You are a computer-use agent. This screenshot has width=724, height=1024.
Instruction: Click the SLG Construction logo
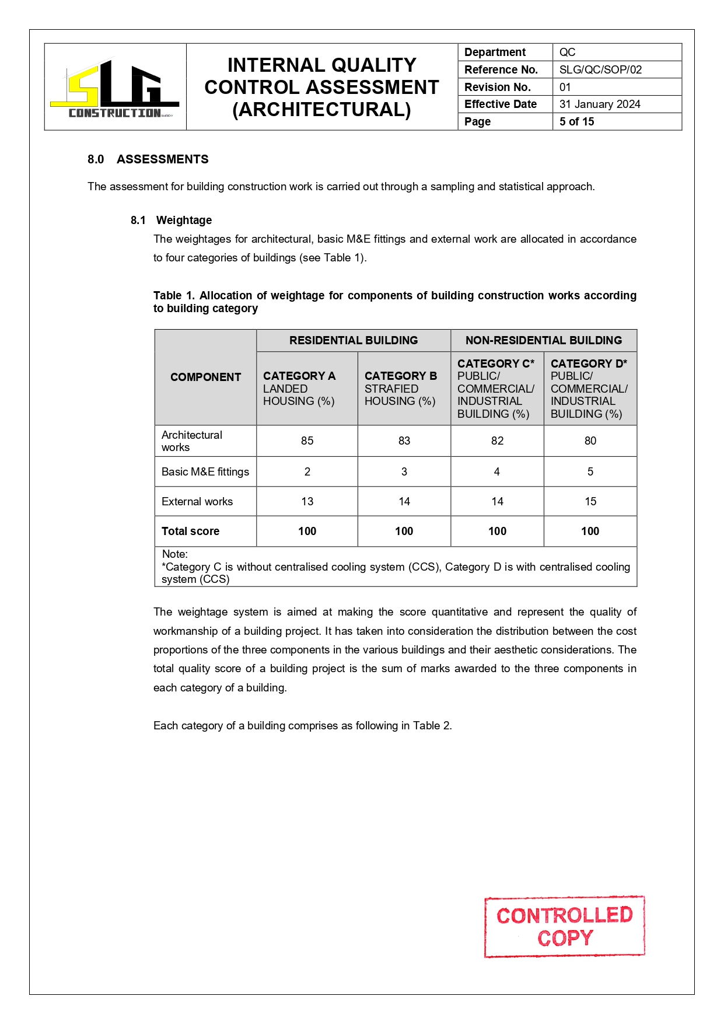pos(115,88)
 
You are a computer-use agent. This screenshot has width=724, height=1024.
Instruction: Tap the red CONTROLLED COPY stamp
pos(564,927)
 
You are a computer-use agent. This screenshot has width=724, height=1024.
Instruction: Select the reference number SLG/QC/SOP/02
pos(600,69)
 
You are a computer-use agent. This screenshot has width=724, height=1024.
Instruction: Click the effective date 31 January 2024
pos(600,104)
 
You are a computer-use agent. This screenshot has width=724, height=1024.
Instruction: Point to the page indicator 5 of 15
pos(576,121)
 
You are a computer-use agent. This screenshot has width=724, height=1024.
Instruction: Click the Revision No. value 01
pos(565,87)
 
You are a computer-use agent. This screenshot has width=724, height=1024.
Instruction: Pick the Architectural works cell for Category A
pos(307,441)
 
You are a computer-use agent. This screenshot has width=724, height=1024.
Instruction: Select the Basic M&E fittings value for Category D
pos(590,471)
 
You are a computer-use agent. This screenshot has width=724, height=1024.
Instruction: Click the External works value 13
pos(307,501)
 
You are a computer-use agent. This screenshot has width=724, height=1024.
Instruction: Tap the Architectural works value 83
pos(404,441)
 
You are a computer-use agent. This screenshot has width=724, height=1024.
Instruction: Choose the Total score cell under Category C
pos(497,531)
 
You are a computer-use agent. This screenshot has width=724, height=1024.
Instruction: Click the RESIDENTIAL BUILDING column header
pos(354,340)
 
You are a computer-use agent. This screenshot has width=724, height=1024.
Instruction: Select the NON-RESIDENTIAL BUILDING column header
pos(543,340)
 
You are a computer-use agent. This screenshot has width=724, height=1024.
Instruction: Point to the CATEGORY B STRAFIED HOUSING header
pos(401,388)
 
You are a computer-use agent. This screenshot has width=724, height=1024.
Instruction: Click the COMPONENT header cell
pos(205,377)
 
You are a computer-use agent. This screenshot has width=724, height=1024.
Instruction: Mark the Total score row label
pos(190,531)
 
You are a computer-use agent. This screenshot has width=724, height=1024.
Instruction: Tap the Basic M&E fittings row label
pos(205,471)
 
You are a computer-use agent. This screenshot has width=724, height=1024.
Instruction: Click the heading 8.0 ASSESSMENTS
pos(148,159)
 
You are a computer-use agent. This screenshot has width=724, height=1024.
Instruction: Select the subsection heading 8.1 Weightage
pos(171,220)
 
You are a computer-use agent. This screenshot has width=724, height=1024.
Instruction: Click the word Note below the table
pos(174,554)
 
